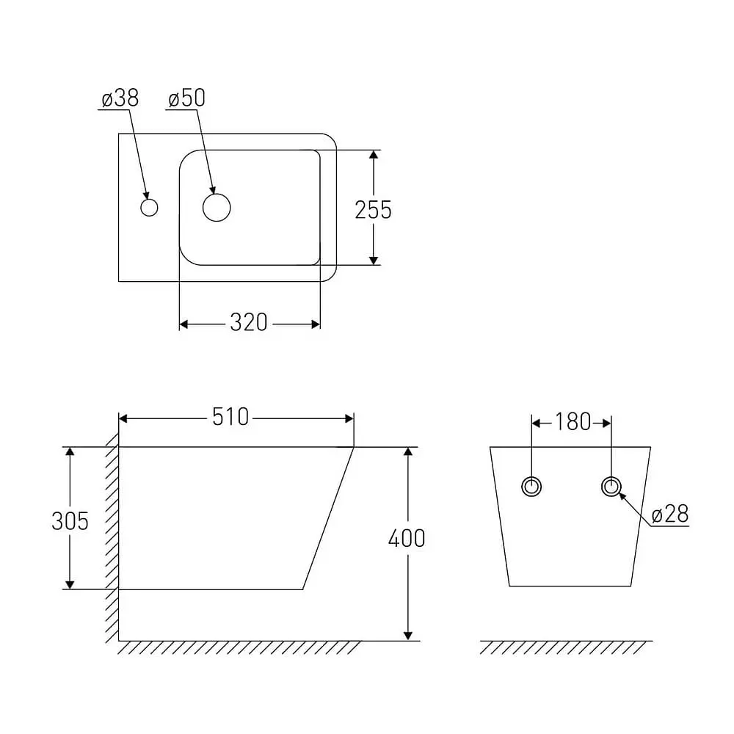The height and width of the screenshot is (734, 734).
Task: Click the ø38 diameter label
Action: tap(120, 98)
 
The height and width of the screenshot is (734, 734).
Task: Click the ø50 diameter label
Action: tap(186, 98)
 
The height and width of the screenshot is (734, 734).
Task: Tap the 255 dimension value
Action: tap(373, 210)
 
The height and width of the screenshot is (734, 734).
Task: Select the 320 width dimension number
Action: tap(249, 322)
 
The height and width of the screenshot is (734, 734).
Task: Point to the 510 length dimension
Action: tap(230, 417)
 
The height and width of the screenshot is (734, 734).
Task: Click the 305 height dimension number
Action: tap(70, 521)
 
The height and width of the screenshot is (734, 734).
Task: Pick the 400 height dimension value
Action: tap(407, 538)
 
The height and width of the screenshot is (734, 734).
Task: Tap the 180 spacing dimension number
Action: tap(573, 422)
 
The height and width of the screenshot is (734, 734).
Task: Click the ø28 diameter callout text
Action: tap(670, 515)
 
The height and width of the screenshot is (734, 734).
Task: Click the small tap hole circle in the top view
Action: tap(149, 200)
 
